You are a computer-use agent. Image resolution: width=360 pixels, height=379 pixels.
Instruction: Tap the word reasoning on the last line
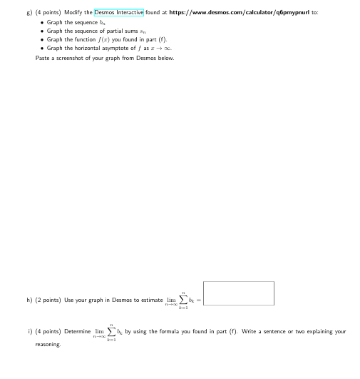(48, 344)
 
